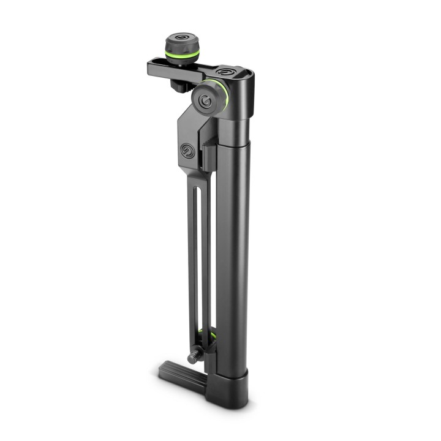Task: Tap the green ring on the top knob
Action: (x=181, y=56)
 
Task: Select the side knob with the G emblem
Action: (x=209, y=100)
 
